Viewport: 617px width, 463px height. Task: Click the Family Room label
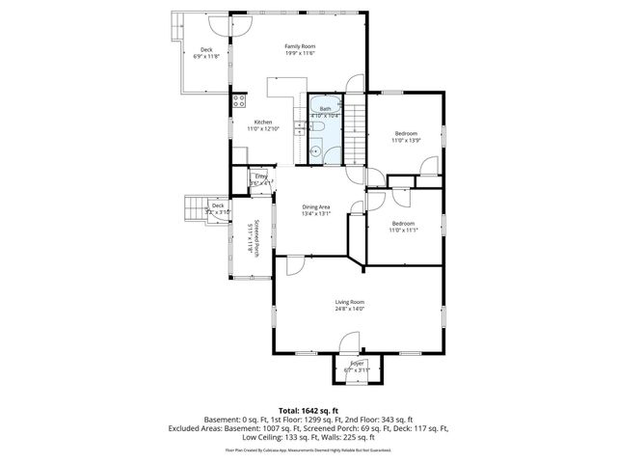pos(299,45)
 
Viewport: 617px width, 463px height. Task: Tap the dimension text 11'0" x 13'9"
pos(407,141)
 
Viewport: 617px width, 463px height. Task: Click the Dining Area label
pos(316,206)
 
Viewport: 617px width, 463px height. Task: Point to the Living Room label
pos(349,302)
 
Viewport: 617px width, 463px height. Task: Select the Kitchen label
pos(263,122)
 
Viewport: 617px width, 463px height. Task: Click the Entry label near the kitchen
pos(260,177)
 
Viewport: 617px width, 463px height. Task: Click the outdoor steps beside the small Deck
pos(198,207)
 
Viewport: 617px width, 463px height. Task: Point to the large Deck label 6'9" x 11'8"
pos(206,53)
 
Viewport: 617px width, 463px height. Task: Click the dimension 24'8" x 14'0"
pos(349,309)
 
